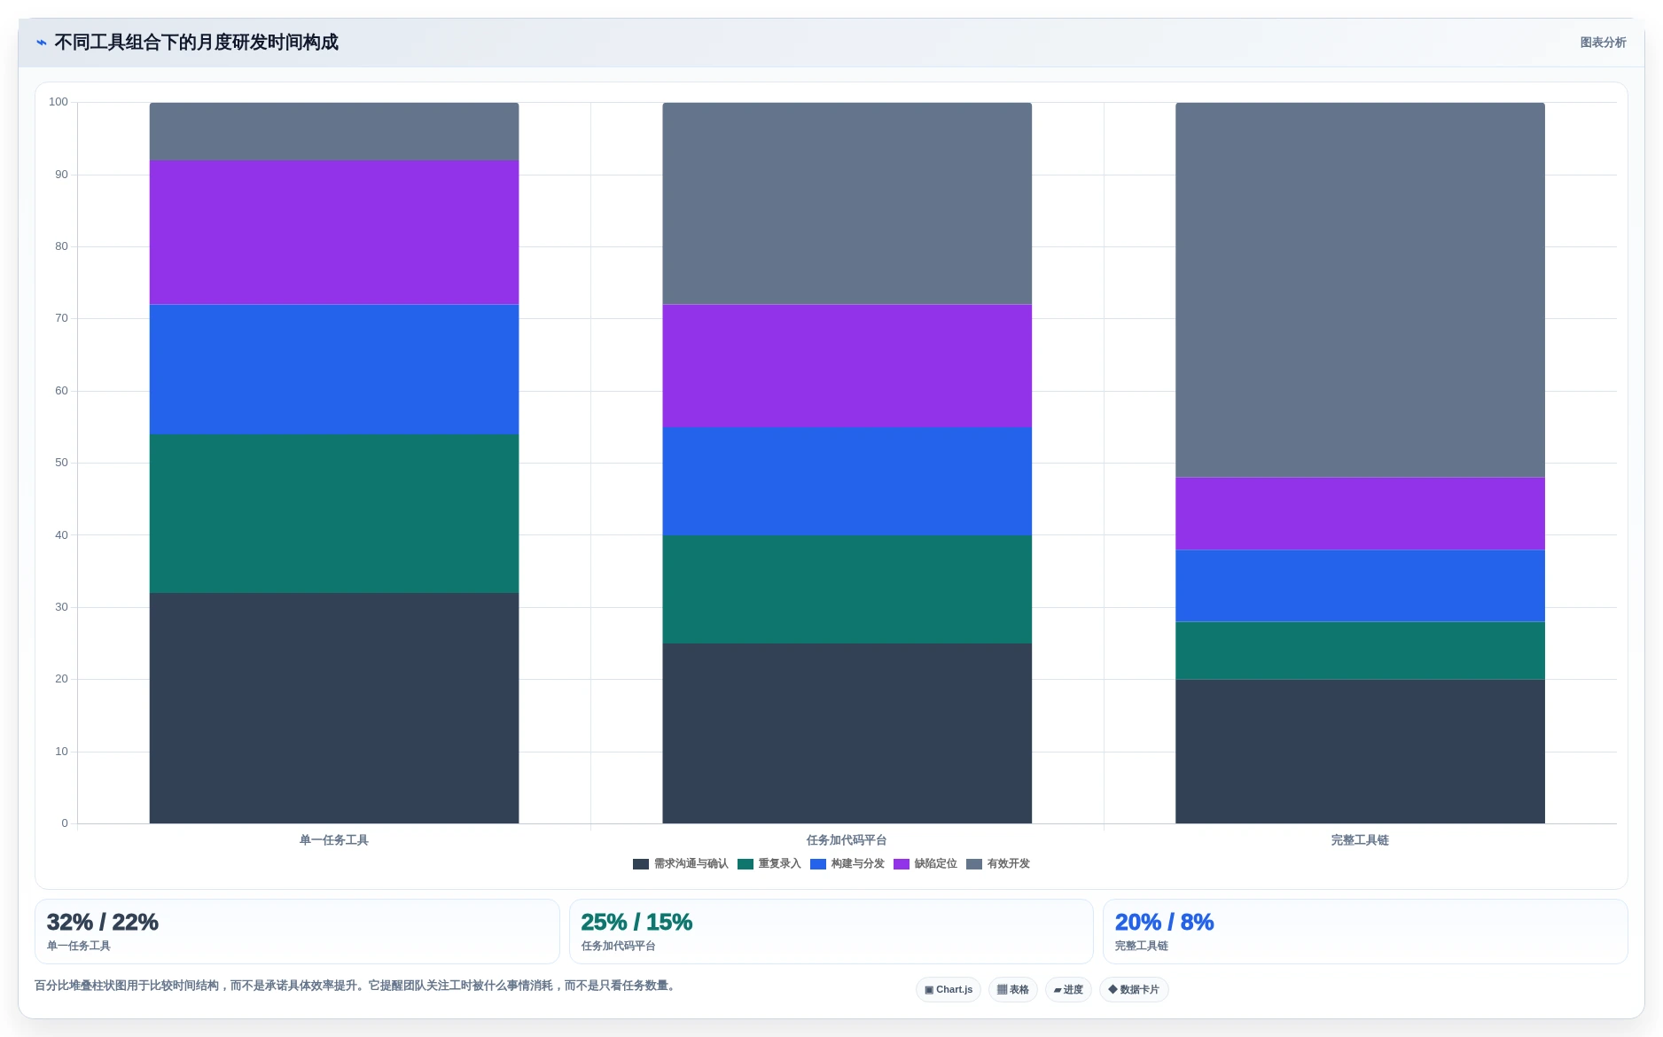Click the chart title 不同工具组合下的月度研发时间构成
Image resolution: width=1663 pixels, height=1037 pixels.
tap(196, 43)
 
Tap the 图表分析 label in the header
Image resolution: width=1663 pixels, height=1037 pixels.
tap(1603, 43)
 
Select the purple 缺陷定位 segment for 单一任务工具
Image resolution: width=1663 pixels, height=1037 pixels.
tap(334, 232)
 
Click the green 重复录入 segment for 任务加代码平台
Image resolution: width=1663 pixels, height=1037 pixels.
tap(847, 589)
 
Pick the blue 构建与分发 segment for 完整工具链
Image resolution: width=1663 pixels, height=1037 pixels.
tap(1360, 586)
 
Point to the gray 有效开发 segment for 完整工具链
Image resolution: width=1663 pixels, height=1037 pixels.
tap(1360, 290)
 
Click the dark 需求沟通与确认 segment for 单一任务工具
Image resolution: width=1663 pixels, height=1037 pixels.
tap(334, 708)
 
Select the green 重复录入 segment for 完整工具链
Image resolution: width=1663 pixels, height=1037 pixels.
tap(1360, 651)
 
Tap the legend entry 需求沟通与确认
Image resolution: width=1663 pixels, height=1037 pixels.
tap(681, 864)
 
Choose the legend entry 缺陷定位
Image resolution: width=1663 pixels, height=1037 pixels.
tap(925, 864)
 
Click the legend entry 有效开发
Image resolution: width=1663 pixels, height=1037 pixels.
tap(998, 864)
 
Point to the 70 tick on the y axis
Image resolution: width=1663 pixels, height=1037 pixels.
tap(61, 318)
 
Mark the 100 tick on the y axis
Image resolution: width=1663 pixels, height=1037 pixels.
tap(59, 102)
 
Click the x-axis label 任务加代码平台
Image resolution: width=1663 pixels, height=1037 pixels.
tap(847, 840)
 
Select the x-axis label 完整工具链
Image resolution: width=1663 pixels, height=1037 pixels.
tap(1360, 840)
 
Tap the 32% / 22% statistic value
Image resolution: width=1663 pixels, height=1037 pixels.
tap(103, 923)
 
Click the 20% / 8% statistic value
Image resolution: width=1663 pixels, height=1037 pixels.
tap(1164, 923)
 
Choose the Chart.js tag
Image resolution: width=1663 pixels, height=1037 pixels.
tap(949, 990)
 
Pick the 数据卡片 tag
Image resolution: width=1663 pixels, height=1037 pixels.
tap(1134, 990)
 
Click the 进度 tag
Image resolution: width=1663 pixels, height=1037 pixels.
tap(1068, 990)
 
